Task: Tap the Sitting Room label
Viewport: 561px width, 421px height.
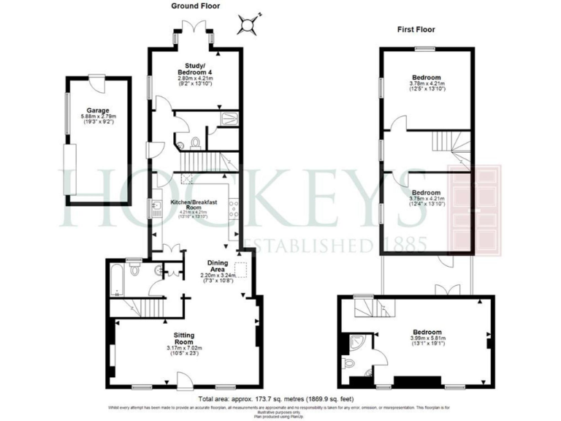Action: (179, 338)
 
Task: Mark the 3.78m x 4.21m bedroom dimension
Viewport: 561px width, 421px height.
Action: (426, 84)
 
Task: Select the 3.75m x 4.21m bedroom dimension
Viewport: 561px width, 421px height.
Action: (426, 198)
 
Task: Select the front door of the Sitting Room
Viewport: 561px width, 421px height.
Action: (183, 379)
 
